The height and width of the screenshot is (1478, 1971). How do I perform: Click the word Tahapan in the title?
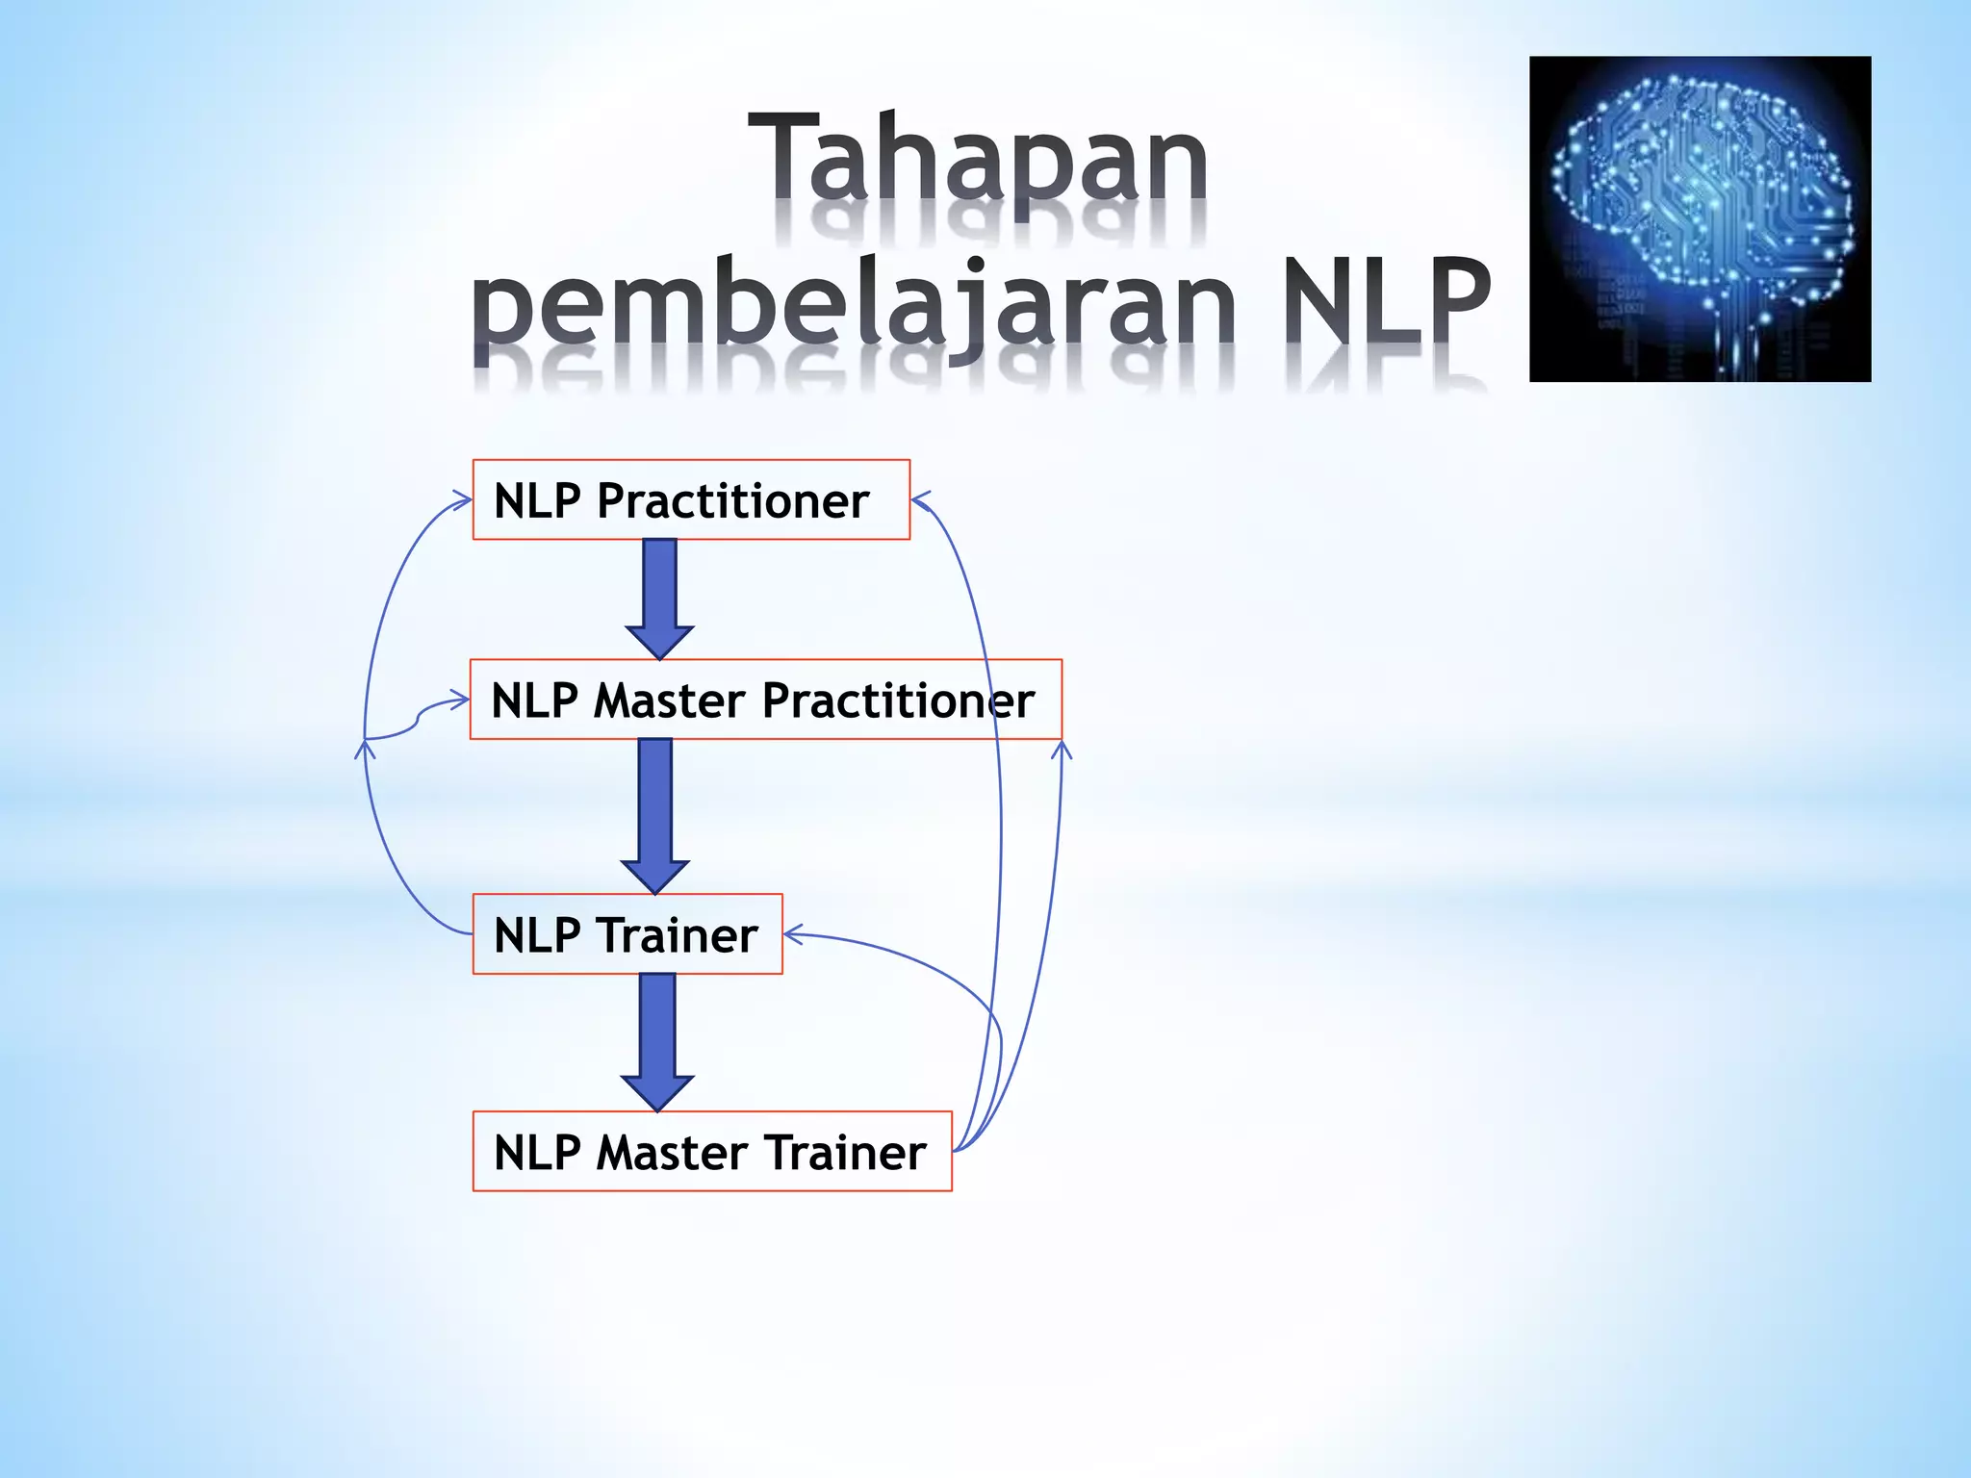pos(978,156)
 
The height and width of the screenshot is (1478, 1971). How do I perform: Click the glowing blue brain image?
pos(1700,219)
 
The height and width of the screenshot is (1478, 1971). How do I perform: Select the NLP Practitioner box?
pos(691,499)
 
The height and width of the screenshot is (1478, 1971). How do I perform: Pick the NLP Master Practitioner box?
pos(765,700)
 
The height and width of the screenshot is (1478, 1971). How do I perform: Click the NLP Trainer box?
pos(627,934)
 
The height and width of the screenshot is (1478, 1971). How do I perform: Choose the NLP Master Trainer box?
pos(711,1152)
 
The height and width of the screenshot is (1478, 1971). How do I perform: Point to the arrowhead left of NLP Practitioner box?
pos(463,499)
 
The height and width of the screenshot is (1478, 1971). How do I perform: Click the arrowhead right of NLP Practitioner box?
pos(920,499)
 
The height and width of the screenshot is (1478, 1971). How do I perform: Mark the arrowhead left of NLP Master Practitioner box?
pos(460,700)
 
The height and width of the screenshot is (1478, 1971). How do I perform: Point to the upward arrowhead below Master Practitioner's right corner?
pos(1062,749)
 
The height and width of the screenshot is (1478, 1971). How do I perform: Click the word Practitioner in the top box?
pos(732,500)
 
